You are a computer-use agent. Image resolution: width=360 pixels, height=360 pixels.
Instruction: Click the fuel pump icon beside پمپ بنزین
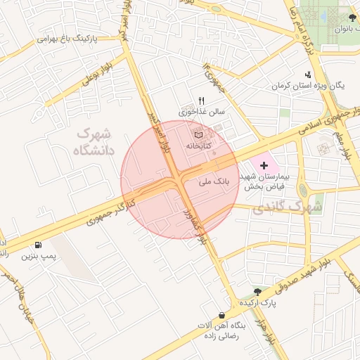(x=37, y=245)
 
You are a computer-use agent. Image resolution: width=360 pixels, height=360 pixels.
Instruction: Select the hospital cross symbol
(x=264, y=166)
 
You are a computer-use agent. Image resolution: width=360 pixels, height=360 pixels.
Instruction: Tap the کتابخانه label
(x=199, y=146)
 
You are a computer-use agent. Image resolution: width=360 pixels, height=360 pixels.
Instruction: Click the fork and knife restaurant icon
(x=202, y=100)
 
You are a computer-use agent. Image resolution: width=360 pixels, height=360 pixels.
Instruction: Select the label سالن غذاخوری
(x=201, y=111)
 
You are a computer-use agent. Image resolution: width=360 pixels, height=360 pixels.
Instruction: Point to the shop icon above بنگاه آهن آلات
(x=223, y=315)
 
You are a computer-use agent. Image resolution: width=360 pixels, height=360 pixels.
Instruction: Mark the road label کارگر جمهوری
(x=110, y=210)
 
